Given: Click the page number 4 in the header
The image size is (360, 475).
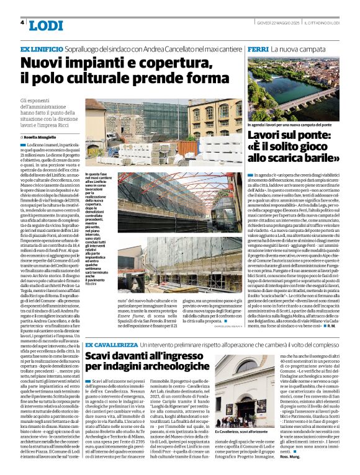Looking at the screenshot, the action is click(22, 22).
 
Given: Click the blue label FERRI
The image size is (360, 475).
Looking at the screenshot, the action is click(257, 48).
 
